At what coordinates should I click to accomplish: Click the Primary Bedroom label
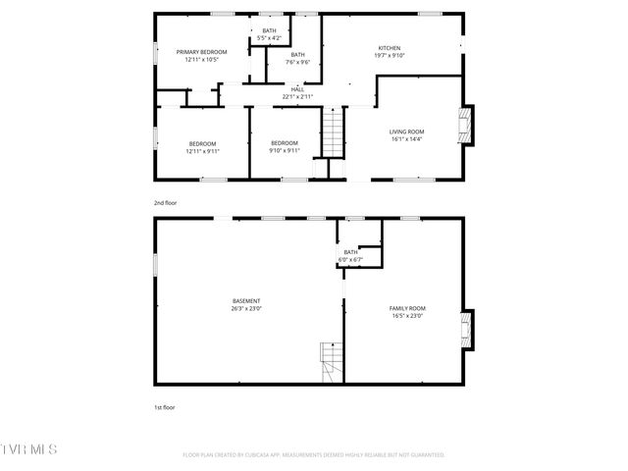pyautogui.click(x=201, y=51)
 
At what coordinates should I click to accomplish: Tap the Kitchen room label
pyautogui.click(x=390, y=47)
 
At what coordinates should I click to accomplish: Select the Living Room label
pyautogui.click(x=405, y=131)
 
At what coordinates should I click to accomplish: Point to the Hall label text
pyautogui.click(x=297, y=89)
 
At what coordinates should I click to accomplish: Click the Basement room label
pyautogui.click(x=246, y=300)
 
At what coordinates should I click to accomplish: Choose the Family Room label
pyautogui.click(x=405, y=308)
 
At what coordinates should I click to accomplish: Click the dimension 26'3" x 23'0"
pyautogui.click(x=246, y=308)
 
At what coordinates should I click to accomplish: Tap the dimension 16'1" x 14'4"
pyautogui.click(x=405, y=139)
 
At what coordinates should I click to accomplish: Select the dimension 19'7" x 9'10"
pyautogui.click(x=390, y=55)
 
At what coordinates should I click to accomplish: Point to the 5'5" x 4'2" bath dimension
pyautogui.click(x=269, y=38)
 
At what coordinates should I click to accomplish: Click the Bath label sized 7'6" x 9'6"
pyautogui.click(x=297, y=54)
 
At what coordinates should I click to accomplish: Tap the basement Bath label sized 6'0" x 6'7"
pyautogui.click(x=350, y=252)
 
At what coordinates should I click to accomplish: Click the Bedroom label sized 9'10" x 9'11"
pyautogui.click(x=285, y=143)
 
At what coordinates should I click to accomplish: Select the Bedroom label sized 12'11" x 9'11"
pyautogui.click(x=202, y=143)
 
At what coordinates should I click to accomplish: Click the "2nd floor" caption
pyautogui.click(x=165, y=202)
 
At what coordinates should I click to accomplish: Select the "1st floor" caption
pyautogui.click(x=164, y=406)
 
